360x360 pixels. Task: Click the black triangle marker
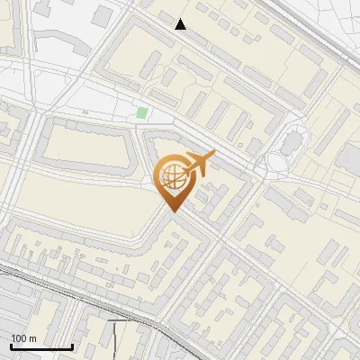point(181,24)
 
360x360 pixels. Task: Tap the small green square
point(141,113)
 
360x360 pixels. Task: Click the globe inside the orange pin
point(172,177)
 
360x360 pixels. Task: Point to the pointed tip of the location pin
point(172,212)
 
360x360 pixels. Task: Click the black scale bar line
point(40,346)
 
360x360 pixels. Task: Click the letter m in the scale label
point(32,338)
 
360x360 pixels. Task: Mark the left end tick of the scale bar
point(10,346)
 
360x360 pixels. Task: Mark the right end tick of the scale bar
point(72,346)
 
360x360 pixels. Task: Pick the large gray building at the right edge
point(348,158)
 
